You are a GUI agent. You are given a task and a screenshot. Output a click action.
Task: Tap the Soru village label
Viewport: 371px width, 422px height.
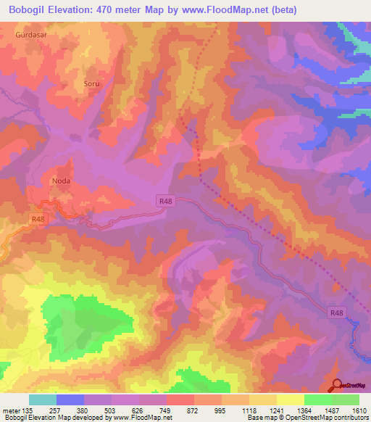(91, 83)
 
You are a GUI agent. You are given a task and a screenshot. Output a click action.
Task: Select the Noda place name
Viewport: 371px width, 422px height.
(61, 181)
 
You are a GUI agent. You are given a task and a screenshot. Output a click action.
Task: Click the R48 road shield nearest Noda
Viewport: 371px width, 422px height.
(38, 218)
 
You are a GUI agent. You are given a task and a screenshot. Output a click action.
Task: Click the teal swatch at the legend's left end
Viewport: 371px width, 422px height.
(42, 400)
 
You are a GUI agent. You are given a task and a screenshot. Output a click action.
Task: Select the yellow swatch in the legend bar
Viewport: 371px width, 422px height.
(290, 400)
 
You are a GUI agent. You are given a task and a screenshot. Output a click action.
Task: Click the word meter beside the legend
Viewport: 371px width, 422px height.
(11, 410)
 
